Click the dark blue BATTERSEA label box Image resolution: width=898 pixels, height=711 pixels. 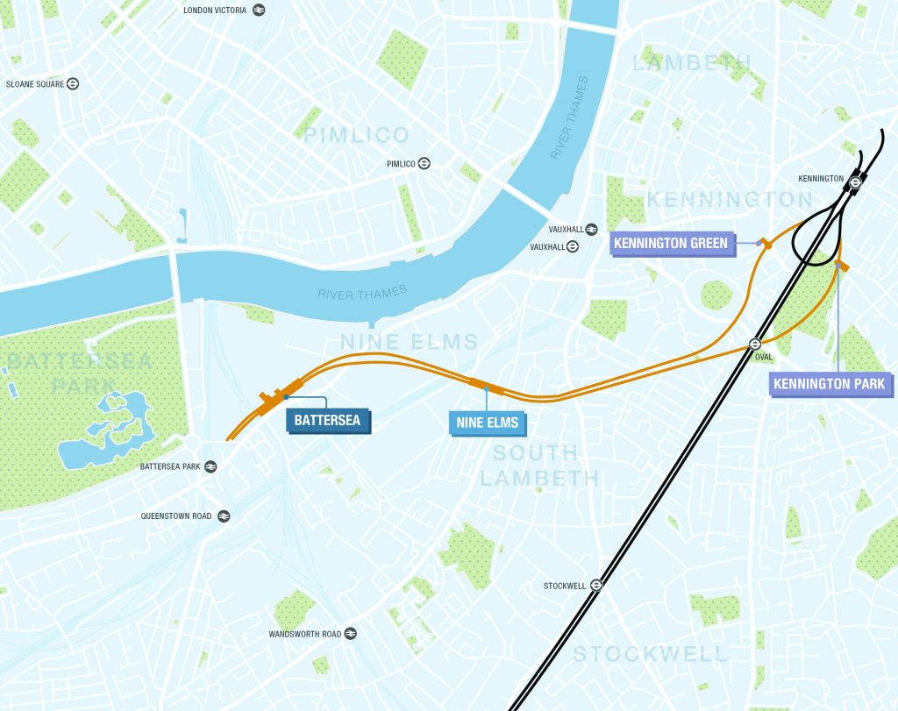click(x=329, y=421)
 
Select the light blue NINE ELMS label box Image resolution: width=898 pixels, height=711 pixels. click(x=487, y=423)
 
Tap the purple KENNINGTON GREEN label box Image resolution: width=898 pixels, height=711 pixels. click(x=671, y=243)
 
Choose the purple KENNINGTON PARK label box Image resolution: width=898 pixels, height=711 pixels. click(x=830, y=384)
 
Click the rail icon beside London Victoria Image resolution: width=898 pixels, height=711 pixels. click(x=259, y=11)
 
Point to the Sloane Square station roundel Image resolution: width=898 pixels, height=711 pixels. click(x=74, y=84)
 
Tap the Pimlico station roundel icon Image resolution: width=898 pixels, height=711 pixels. click(x=424, y=163)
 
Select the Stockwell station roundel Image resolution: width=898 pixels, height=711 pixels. click(x=596, y=585)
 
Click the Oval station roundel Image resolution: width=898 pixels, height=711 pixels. click(x=754, y=345)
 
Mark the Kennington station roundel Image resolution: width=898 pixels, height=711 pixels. click(x=854, y=181)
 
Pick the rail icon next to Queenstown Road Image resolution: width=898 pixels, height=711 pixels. click(x=224, y=516)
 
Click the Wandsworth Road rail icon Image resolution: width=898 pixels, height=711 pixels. click(x=350, y=634)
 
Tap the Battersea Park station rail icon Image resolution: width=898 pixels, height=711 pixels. click(x=210, y=466)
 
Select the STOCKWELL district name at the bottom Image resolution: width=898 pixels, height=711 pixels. click(x=650, y=654)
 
